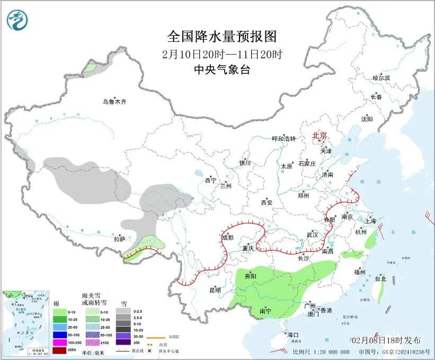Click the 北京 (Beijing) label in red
tap(319, 135)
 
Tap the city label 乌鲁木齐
tap(115, 101)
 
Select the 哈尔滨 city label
tap(380, 78)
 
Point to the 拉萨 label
tap(119, 239)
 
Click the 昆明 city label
tap(215, 290)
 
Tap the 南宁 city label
tap(266, 312)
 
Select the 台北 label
tap(380, 278)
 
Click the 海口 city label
tap(293, 335)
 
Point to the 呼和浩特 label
tap(283, 138)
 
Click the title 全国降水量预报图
tap(221, 37)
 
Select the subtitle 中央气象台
tap(221, 69)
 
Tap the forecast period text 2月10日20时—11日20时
tap(221, 54)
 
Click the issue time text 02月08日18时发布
tap(386, 340)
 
